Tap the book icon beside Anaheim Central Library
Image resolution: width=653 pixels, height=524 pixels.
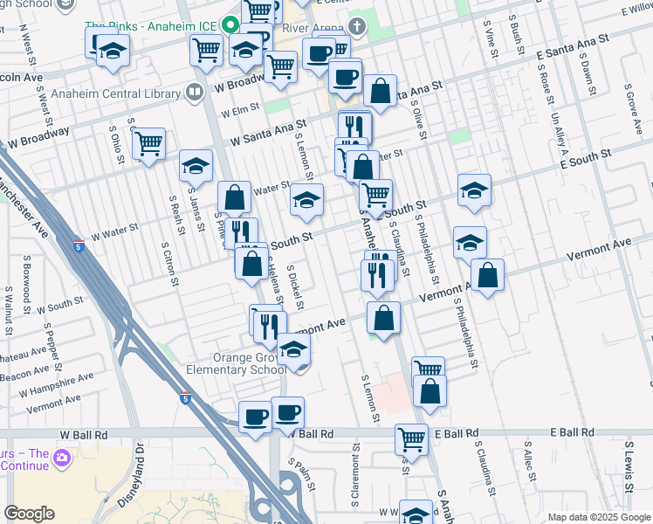point(194,92)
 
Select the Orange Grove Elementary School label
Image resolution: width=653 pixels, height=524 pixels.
point(236,363)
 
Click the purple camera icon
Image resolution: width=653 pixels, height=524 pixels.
point(61,457)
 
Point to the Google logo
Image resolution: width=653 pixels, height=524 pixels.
point(29,514)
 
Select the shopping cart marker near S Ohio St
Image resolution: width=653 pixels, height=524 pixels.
point(149,142)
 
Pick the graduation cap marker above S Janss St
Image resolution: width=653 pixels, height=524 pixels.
point(196,165)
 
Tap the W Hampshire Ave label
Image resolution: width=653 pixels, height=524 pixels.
point(54,383)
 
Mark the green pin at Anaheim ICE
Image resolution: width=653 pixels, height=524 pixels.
point(231,25)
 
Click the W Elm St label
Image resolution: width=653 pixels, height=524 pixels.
point(241,111)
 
